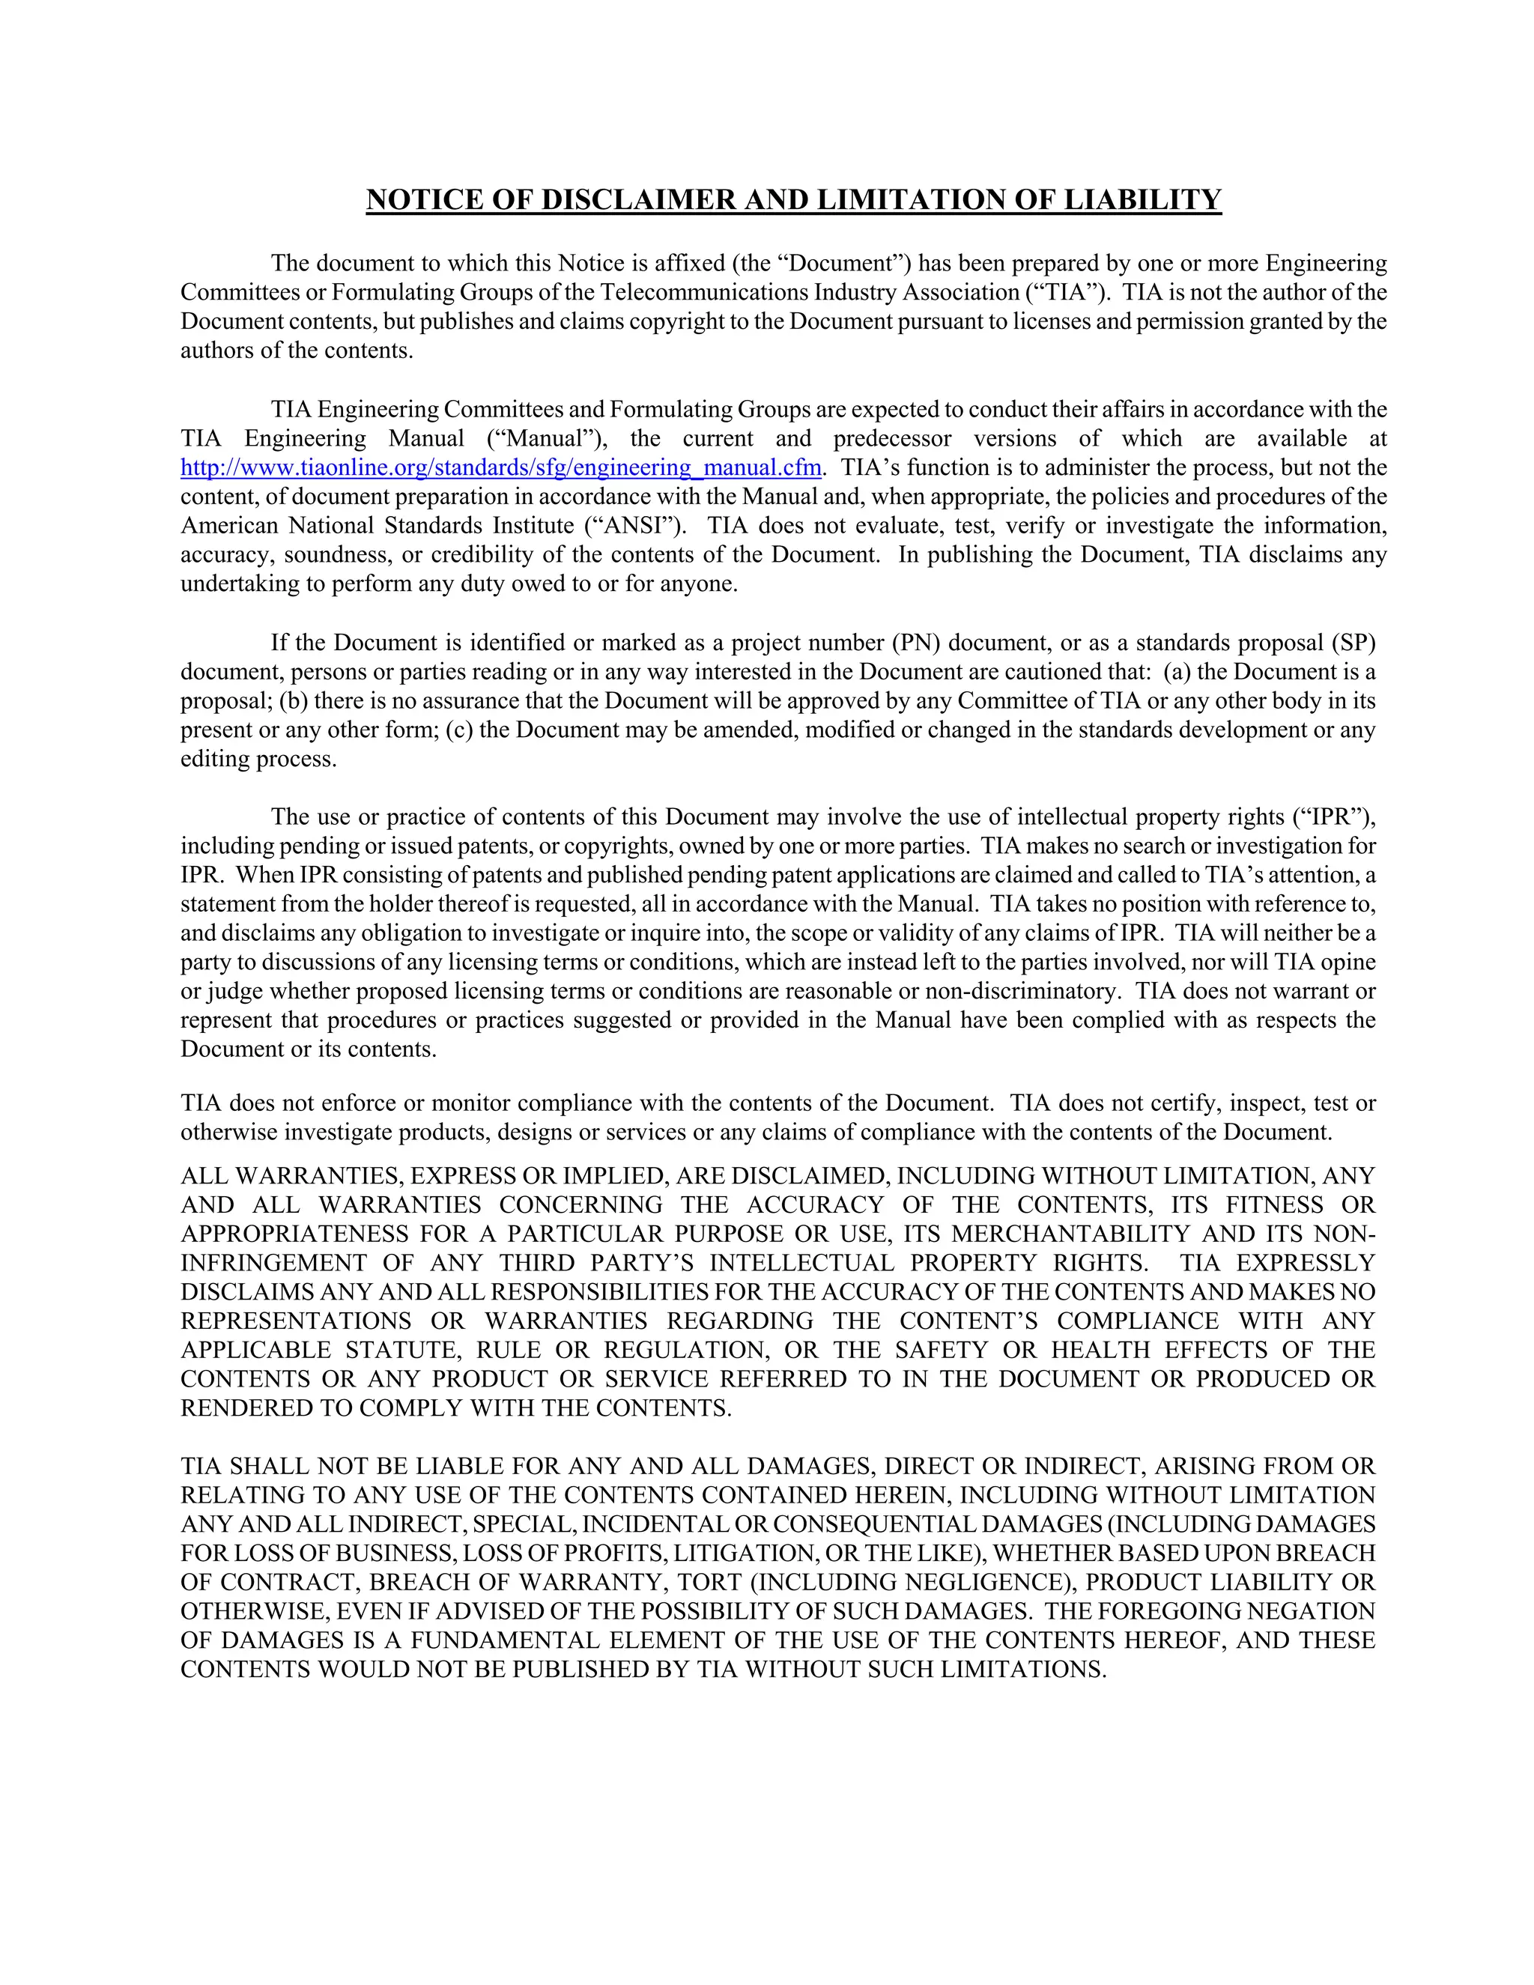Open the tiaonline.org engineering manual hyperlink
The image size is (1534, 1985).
click(501, 468)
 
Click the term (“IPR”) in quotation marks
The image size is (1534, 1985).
click(1333, 817)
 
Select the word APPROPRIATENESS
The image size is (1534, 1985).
click(294, 1234)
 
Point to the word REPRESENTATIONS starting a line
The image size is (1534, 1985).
click(295, 1321)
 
